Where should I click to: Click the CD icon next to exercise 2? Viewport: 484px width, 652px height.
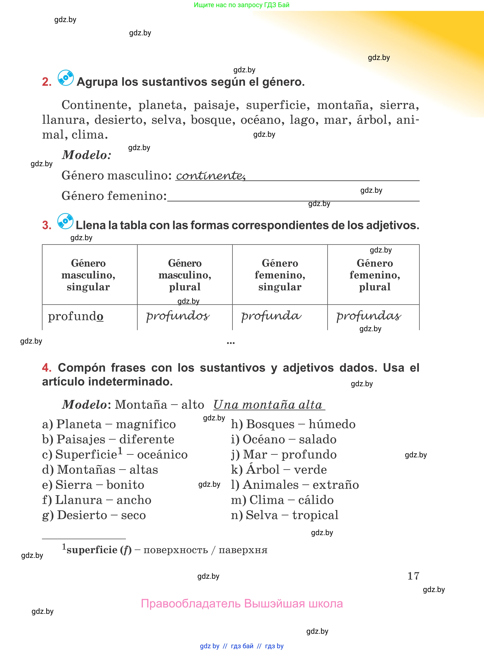pos(66,78)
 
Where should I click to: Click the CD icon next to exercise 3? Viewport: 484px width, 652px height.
pos(65,221)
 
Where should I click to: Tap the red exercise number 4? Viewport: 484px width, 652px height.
pos(47,368)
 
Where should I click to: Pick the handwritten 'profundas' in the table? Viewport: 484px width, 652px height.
pos(369,316)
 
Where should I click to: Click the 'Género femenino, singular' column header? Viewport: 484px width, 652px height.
pos(280,275)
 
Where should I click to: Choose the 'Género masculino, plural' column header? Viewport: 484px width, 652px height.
pos(185,275)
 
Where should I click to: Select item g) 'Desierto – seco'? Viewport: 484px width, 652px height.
pos(94,515)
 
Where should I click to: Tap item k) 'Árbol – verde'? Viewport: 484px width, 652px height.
pos(279,470)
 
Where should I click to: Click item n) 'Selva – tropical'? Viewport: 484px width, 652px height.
pos(285,515)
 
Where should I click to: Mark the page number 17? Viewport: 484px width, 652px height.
pos(413,576)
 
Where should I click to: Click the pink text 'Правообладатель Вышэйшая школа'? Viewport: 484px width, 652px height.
pos(242,604)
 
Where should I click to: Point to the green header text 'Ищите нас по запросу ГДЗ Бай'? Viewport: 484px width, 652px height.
pos(241,5)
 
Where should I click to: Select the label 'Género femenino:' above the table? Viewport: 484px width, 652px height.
pos(114,196)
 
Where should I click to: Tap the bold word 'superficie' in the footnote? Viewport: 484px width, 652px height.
pos(92,550)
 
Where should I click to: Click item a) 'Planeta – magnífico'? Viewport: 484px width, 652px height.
pos(109,424)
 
